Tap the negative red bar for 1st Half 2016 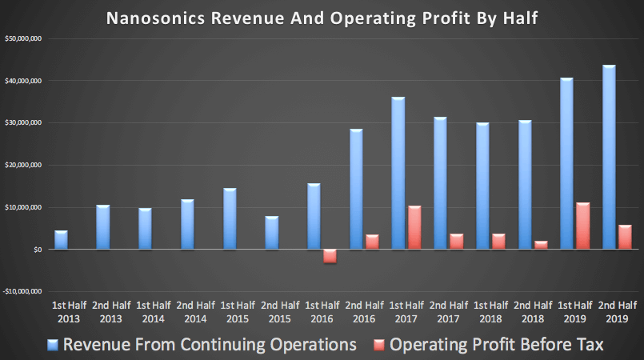click(330, 256)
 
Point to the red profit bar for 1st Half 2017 click(414, 227)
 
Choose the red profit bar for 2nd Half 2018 click(540, 245)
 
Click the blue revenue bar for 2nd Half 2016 click(356, 189)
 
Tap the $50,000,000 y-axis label click(23, 38)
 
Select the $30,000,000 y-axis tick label click(23, 123)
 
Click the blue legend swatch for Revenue click(53, 345)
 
